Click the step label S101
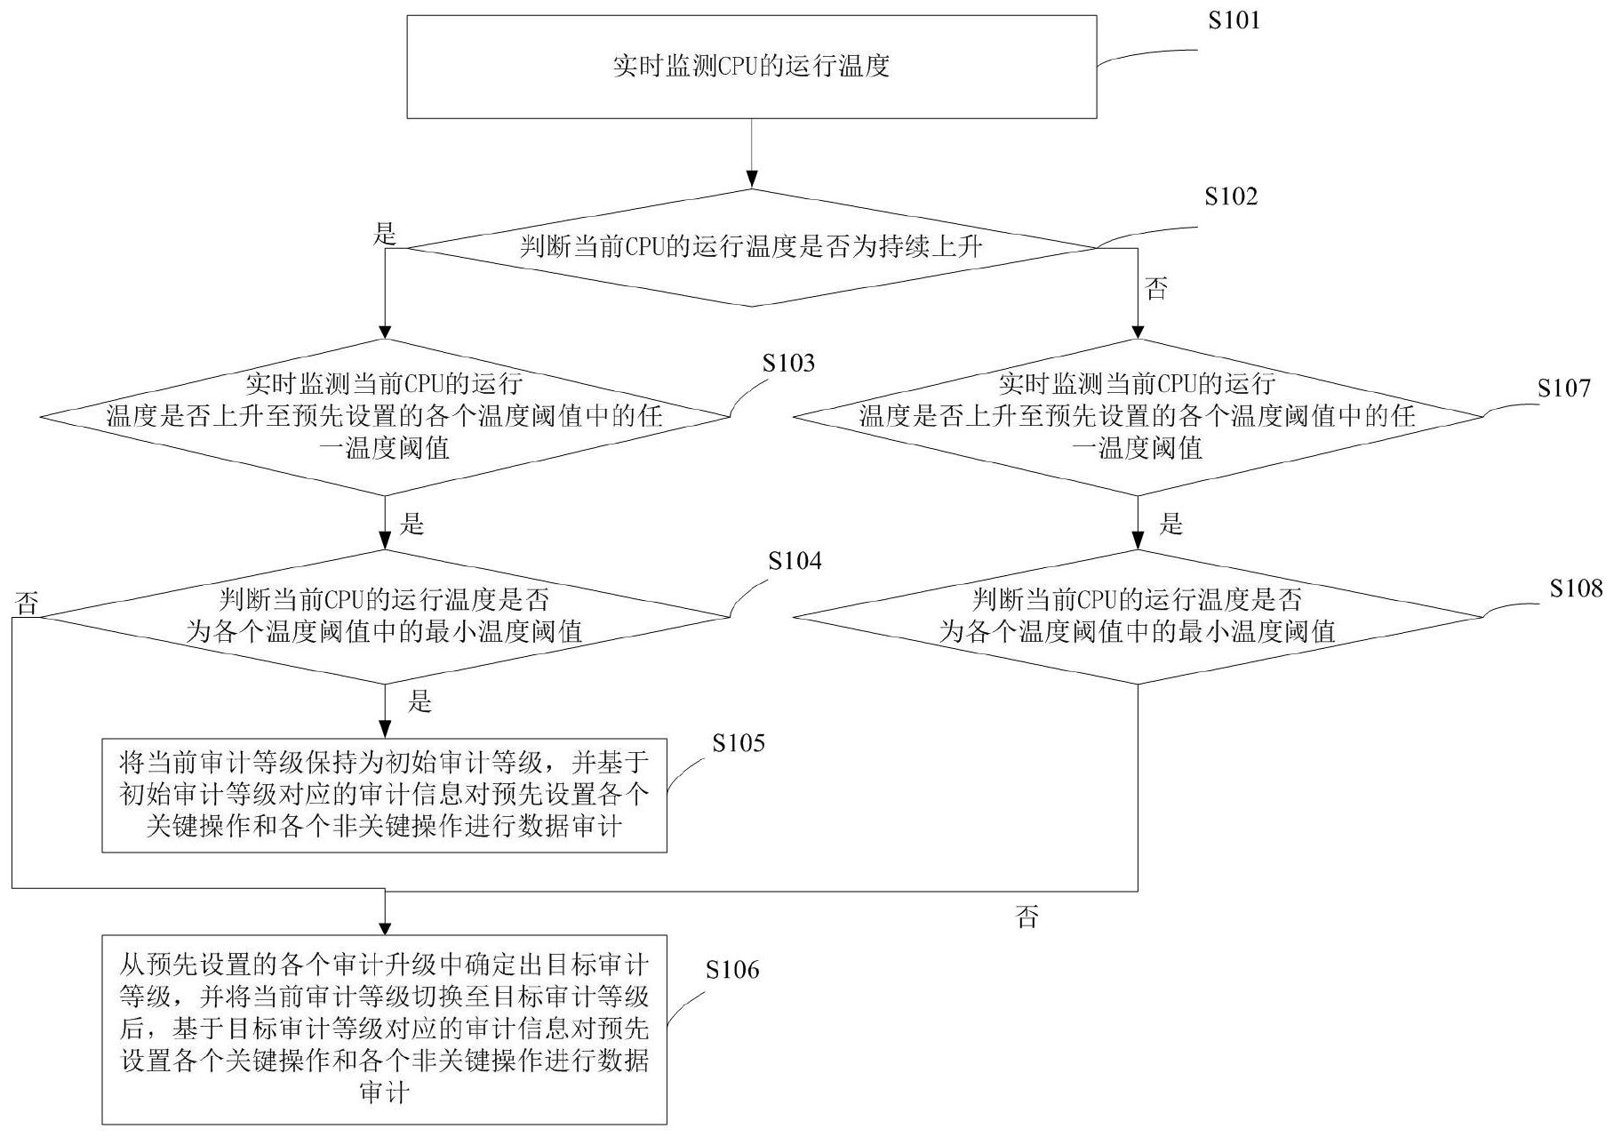pos(1234,20)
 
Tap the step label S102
pos(1231,196)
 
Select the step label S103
pos(788,363)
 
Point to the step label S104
pos(795,561)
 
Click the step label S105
pos(738,743)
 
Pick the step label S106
pos(732,970)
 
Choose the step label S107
pos(1564,388)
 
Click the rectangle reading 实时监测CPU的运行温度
pos(751,67)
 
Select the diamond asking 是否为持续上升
pos(751,247)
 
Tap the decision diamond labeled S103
pos(385,416)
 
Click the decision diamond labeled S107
pos(1138,416)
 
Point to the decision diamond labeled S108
pos(1138,616)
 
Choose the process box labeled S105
pos(384,795)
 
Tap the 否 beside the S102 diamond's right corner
pos(1155,288)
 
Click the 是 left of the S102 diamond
pos(384,235)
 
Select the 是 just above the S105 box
pos(419,702)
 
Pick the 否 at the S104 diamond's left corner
pos(27,605)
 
